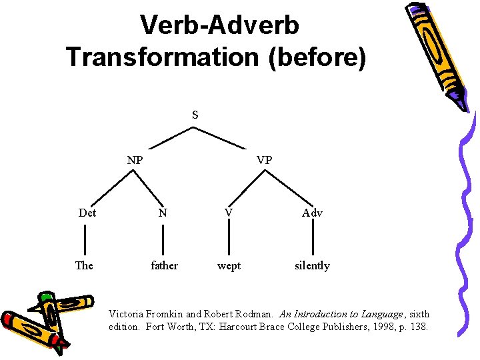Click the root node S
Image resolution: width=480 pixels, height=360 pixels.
[195, 115]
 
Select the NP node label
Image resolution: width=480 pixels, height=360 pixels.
[135, 160]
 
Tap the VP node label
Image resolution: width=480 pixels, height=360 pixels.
[265, 160]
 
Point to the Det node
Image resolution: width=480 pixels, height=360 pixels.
[87, 213]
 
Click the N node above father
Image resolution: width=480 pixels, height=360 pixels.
[163, 213]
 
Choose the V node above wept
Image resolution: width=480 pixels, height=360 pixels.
[229, 212]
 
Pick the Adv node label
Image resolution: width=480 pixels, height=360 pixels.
[312, 213]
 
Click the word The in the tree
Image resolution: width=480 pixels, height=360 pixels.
[84, 265]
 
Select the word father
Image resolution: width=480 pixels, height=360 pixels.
[164, 265]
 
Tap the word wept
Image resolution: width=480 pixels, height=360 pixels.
[229, 265]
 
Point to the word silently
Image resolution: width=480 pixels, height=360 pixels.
[312, 265]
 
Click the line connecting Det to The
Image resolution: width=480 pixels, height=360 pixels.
[85, 239]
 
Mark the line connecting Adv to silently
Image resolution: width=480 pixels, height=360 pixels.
[312, 239]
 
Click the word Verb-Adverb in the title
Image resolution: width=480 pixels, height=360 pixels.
[219, 25]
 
